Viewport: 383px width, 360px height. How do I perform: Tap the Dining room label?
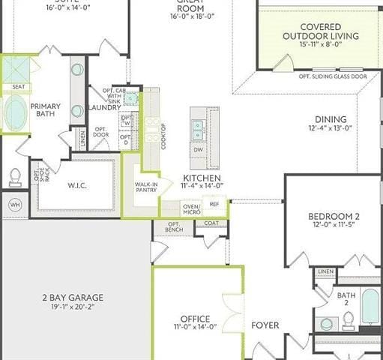click(331, 119)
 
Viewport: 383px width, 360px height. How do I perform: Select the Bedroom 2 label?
click(334, 217)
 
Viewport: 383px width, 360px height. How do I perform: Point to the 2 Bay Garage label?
click(73, 298)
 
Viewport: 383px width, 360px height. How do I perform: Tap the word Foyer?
click(265, 325)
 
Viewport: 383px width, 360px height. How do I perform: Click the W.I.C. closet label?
click(77, 186)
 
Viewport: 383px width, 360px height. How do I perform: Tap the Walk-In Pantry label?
click(145, 187)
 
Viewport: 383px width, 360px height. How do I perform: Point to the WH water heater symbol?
click(14, 203)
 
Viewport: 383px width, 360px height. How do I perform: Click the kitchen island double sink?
click(198, 130)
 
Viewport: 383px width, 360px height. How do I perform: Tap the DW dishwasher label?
click(198, 150)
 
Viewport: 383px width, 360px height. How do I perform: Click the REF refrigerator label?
click(214, 203)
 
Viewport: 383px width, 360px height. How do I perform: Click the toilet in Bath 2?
click(348, 322)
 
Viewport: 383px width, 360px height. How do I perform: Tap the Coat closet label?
click(211, 223)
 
